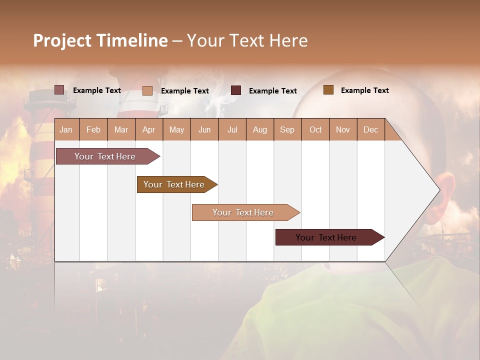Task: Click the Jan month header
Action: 66,129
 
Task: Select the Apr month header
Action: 148,129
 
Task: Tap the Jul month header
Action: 232,129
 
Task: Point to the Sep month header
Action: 287,129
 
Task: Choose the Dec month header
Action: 370,129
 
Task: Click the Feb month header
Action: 93,129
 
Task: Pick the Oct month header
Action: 315,129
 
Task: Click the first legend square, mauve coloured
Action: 59,90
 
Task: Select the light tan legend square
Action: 147,90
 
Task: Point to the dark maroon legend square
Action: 236,90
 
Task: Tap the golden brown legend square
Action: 328,90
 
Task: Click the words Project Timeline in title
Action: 100,40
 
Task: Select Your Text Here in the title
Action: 247,40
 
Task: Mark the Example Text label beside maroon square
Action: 272,91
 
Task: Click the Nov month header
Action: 343,129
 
